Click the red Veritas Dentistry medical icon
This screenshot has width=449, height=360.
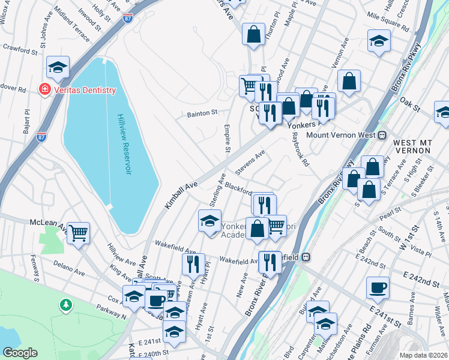tap(44, 90)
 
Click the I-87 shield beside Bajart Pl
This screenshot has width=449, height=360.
tap(41, 137)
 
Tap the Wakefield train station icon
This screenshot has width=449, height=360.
tap(306, 257)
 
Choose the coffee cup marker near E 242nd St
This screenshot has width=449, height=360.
tap(378, 287)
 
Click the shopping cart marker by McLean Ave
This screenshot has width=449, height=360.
tap(79, 232)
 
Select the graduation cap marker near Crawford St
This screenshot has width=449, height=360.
tap(58, 67)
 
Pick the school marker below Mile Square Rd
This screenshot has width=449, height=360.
tap(378, 40)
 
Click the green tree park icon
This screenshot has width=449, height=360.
tap(65, 305)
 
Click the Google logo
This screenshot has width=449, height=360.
tap(20, 353)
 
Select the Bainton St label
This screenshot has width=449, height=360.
tap(201, 112)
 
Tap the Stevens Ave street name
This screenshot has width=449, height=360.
tap(250, 163)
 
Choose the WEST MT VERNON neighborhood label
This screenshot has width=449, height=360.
tap(413, 148)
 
